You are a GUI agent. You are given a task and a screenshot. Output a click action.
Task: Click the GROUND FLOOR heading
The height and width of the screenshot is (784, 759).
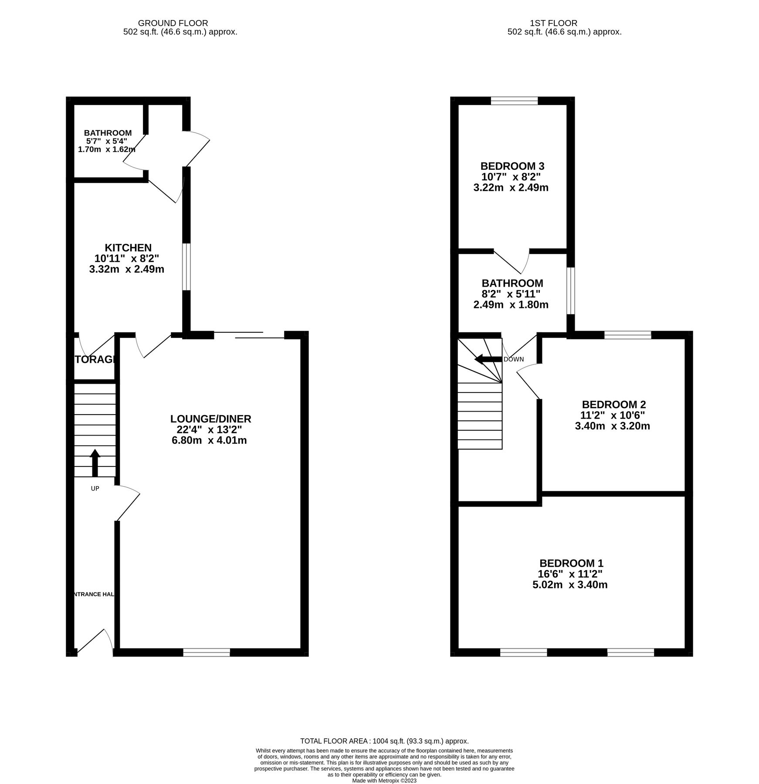pyautogui.click(x=173, y=23)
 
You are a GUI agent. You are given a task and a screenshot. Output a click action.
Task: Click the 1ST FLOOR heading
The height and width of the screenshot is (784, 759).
pyautogui.click(x=553, y=23)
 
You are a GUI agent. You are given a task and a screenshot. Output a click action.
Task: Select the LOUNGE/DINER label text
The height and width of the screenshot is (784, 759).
pyautogui.click(x=210, y=419)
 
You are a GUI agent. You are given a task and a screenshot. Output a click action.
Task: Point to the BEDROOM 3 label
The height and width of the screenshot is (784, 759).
pyautogui.click(x=512, y=166)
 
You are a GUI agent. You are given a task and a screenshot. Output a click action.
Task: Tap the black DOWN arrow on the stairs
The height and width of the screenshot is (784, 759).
pyautogui.click(x=488, y=359)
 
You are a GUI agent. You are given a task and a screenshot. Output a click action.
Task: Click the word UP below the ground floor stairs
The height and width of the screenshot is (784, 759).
pyautogui.click(x=95, y=489)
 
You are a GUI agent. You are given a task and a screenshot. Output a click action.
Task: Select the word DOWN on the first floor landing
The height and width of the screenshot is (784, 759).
pyautogui.click(x=514, y=359)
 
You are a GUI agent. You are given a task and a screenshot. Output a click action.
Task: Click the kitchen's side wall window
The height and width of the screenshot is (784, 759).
pyautogui.click(x=186, y=267)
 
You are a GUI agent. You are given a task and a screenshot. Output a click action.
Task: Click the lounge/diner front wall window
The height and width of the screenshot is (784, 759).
pyautogui.click(x=207, y=652)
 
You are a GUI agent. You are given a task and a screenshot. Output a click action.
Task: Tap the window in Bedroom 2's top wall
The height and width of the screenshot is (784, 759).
pyautogui.click(x=627, y=335)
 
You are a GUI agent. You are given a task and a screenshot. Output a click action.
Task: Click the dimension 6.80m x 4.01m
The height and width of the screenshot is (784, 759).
pyautogui.click(x=210, y=440)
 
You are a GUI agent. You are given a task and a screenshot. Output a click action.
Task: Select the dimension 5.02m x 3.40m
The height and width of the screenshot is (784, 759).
pyautogui.click(x=569, y=585)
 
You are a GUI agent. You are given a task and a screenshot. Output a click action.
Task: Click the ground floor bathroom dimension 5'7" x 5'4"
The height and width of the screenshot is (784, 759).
pyautogui.click(x=107, y=141)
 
